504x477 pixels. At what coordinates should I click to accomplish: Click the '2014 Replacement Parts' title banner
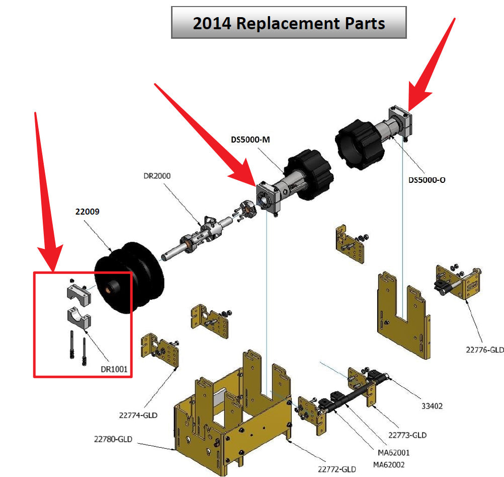(x=289, y=23)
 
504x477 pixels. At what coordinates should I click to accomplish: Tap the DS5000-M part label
(x=250, y=140)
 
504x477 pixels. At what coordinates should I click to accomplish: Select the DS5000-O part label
(x=427, y=180)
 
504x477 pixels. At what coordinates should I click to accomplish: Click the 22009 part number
(x=87, y=212)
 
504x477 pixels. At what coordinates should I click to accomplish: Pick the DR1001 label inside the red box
(x=114, y=369)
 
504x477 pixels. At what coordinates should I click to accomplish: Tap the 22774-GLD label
(x=138, y=416)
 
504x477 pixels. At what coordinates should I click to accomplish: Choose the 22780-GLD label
(x=113, y=439)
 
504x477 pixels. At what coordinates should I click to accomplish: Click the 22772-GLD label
(x=337, y=469)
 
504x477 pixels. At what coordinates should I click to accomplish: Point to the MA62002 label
(x=389, y=464)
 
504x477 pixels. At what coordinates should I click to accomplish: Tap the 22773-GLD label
(x=407, y=435)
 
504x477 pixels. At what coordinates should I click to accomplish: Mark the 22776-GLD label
(x=484, y=349)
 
